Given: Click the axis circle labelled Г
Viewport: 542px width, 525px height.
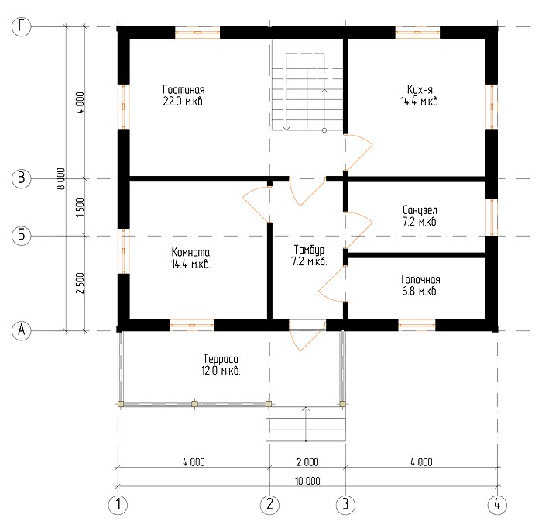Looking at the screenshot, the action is click(x=22, y=26).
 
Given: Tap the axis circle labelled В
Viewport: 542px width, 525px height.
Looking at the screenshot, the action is click(x=22, y=178).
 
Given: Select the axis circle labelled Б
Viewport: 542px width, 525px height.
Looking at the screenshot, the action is click(x=22, y=236).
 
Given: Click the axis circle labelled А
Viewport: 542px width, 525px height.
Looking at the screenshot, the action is click(x=22, y=330).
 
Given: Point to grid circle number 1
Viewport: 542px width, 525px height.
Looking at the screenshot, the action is click(x=118, y=505).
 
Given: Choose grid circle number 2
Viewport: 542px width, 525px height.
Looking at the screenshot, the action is click(x=269, y=505).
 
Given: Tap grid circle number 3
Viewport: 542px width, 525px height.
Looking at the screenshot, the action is click(x=345, y=505).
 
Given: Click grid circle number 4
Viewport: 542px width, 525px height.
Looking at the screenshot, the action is click(x=497, y=505).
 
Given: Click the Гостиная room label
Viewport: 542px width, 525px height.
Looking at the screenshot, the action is click(x=184, y=90).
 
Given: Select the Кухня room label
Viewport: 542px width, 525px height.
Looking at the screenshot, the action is click(x=420, y=90).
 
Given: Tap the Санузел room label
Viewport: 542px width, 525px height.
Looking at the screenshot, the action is click(x=420, y=210).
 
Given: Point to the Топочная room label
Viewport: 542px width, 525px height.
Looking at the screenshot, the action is click(x=420, y=279).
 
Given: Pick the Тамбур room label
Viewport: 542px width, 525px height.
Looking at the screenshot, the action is click(x=309, y=250).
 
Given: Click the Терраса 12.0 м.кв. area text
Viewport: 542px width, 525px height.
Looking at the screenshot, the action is click(x=221, y=364).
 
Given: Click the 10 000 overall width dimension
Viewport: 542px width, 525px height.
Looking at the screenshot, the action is click(x=307, y=481).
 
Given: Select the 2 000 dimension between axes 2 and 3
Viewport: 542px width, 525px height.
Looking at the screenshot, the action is click(x=307, y=462).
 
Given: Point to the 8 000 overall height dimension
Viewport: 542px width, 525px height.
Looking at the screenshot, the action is click(x=61, y=178).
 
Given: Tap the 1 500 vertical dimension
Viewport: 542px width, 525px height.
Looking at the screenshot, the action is click(x=80, y=207).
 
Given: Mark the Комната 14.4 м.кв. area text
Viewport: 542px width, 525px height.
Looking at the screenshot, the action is click(x=190, y=258).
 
